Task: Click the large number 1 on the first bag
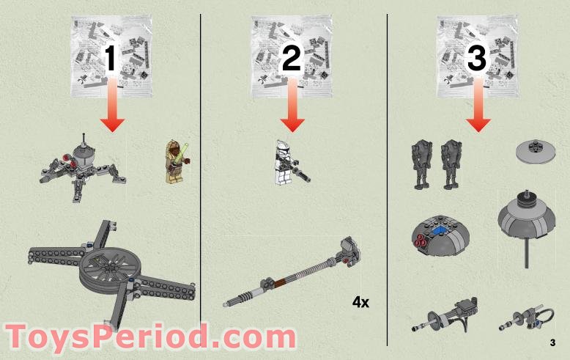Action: click(x=111, y=58)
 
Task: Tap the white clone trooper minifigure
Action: click(x=288, y=162)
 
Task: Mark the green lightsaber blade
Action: click(x=184, y=150)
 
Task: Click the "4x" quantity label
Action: click(x=360, y=302)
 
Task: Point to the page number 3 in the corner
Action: click(x=552, y=342)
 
